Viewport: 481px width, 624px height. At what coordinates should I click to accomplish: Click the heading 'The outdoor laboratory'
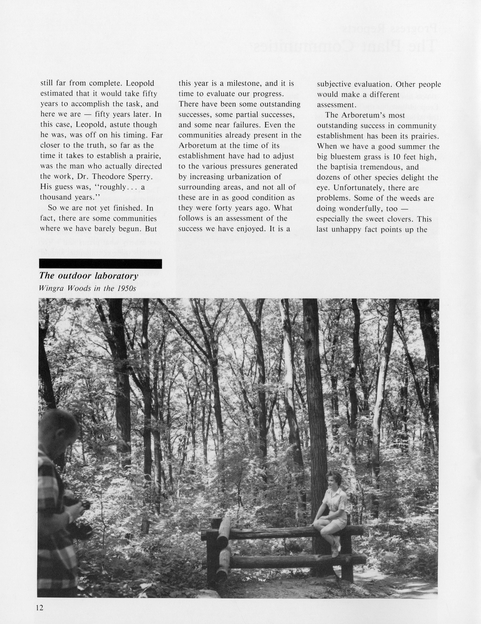click(x=89, y=276)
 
